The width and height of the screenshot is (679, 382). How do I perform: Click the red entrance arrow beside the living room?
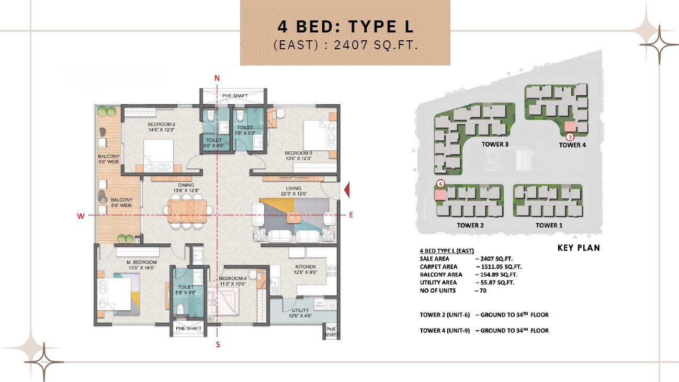pyautogui.click(x=346, y=191)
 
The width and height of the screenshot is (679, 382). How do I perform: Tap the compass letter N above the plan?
pyautogui.click(x=217, y=78)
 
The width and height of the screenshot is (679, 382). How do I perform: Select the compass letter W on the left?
pyautogui.click(x=81, y=215)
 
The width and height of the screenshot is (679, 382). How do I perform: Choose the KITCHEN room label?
pyautogui.click(x=305, y=267)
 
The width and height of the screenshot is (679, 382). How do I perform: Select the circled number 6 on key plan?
pyautogui.click(x=440, y=184)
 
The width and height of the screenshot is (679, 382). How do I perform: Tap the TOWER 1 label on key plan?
pyautogui.click(x=549, y=225)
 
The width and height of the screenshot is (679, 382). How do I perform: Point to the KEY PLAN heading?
pyautogui.click(x=579, y=248)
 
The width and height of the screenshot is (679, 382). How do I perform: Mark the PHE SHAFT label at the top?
pyautogui.click(x=235, y=96)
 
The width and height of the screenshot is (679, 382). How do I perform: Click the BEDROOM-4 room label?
pyautogui.click(x=233, y=278)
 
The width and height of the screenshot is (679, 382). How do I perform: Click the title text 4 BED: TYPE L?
pyautogui.click(x=345, y=27)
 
